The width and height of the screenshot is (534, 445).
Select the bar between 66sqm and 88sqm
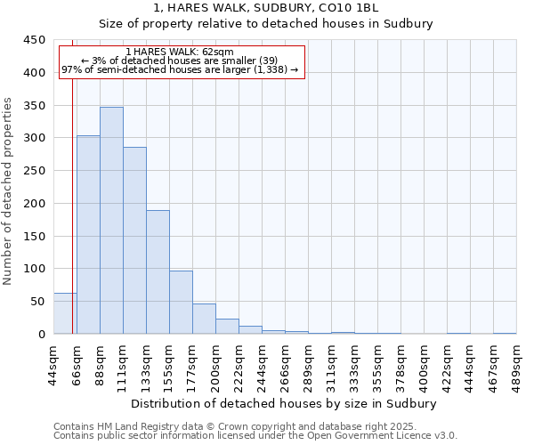pos(88,235)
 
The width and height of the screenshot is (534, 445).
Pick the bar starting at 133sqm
pos(158,272)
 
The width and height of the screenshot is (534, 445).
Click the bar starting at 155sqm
pos(181,303)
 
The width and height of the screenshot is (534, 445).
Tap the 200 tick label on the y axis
pos(34,204)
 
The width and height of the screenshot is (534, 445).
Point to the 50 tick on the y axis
pos(37,302)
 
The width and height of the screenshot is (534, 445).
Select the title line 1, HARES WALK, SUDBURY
pos(266,8)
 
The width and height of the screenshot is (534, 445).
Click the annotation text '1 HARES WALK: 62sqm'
pos(181,53)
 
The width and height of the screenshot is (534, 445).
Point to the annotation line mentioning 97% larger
pos(181,69)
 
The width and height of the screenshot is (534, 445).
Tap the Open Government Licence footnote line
pos(255,436)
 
